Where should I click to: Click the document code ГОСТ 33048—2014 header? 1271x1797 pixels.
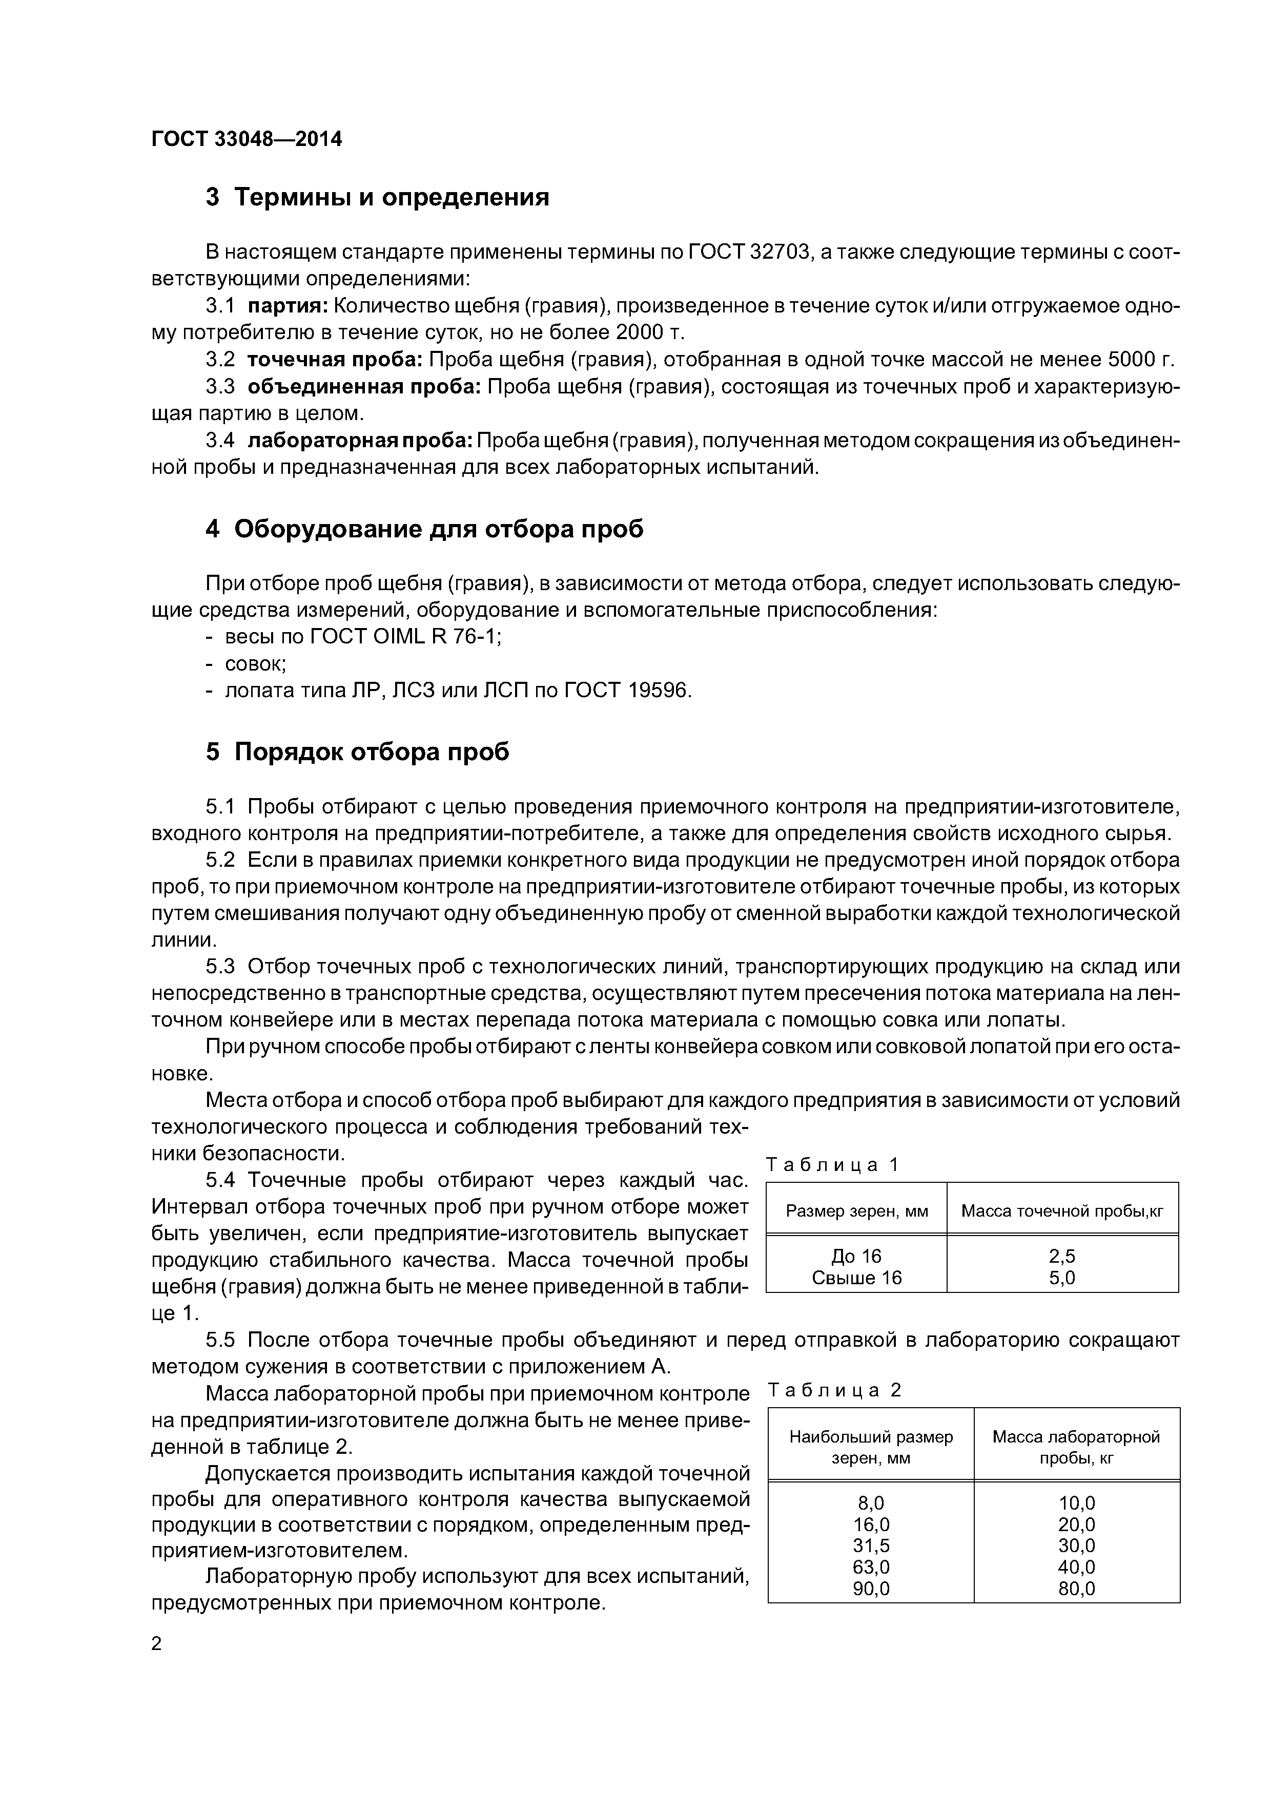tap(247, 139)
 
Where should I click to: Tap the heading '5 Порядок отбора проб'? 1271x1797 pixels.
tap(357, 751)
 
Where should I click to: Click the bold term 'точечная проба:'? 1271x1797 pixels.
tap(335, 359)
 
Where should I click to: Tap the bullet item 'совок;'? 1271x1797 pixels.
tap(255, 664)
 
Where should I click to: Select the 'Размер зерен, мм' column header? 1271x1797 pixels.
tap(857, 1211)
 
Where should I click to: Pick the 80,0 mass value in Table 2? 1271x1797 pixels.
tap(1076, 1588)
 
